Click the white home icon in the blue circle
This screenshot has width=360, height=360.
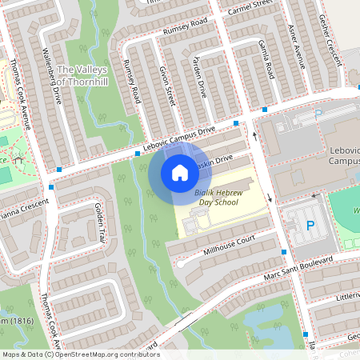[179, 172]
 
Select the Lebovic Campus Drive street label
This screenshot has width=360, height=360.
[180, 138]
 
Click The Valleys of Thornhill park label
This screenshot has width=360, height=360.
[82, 75]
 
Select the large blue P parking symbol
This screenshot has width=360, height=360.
[310, 226]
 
